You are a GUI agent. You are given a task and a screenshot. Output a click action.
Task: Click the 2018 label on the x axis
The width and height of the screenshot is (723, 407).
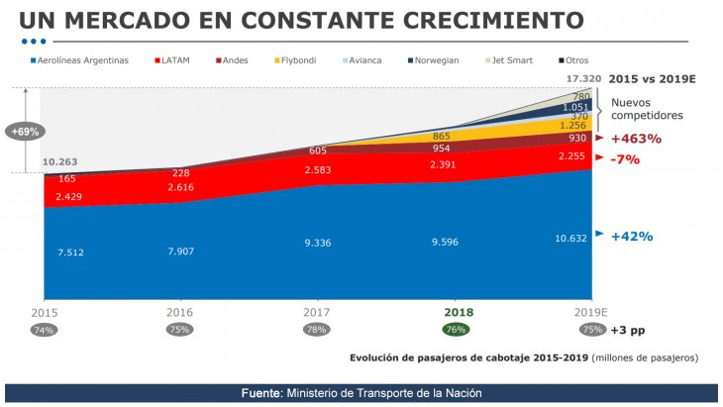tap(453, 310)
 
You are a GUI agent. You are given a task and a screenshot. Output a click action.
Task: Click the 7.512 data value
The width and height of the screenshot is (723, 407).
tap(69, 252)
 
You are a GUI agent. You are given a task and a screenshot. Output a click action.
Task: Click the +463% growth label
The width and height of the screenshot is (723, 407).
tap(636, 139)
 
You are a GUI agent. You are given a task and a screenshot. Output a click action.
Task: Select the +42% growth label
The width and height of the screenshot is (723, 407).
tap(632, 237)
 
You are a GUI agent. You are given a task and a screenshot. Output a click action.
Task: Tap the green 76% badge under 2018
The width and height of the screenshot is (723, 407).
tap(455, 330)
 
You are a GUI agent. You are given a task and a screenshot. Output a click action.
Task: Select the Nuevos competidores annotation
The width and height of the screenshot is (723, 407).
tap(647, 108)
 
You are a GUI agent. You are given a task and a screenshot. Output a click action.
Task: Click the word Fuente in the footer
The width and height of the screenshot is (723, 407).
tap(262, 393)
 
